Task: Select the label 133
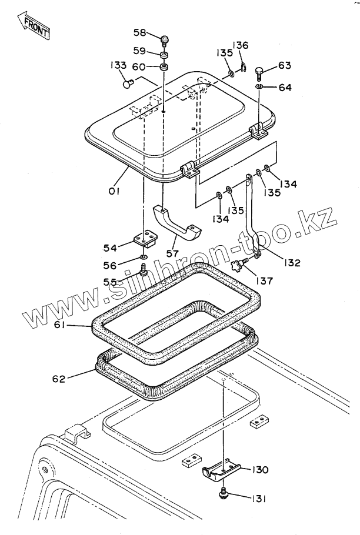click(x=118, y=65)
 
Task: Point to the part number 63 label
click(x=284, y=65)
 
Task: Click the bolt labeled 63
click(x=259, y=73)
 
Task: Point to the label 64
click(x=285, y=88)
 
